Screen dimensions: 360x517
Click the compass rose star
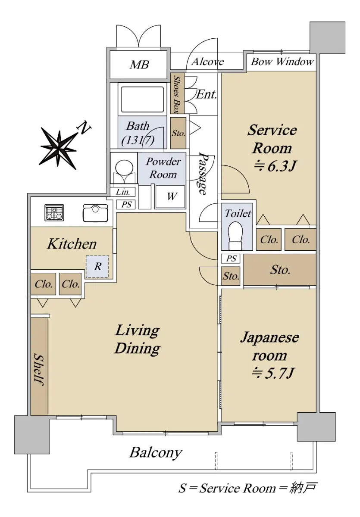tap(59, 148)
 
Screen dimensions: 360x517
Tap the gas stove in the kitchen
tap(54, 212)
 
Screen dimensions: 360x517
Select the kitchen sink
tap(95, 213)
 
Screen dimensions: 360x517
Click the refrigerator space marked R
tap(97, 267)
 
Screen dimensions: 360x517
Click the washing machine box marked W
tap(170, 196)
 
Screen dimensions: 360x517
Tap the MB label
tap(139, 65)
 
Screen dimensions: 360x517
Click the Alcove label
tap(208, 62)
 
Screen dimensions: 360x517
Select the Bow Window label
tap(282, 62)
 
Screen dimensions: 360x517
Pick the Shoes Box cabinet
tap(177, 94)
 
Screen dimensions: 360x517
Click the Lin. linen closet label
tap(122, 192)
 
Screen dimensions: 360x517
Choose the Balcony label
tap(156, 453)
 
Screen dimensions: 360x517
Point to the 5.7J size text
tap(273, 374)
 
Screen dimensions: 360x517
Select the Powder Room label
tap(163, 168)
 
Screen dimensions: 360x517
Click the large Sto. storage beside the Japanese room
tap(280, 270)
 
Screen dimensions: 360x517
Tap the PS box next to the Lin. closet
tap(126, 205)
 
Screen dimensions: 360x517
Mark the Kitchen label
tap(72, 244)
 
